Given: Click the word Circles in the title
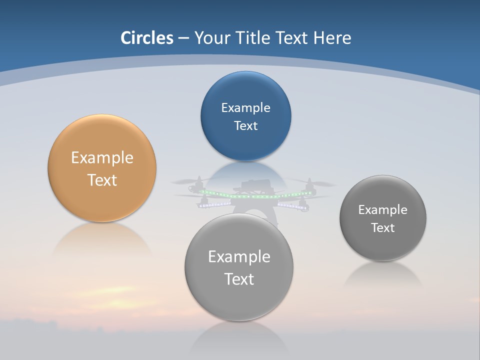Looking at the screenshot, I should point(147,38).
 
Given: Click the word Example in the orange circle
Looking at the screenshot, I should point(102,158).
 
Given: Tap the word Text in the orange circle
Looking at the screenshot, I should point(102,180).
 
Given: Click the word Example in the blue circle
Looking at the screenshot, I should point(245,108).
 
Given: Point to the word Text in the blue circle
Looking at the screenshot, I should point(245,126).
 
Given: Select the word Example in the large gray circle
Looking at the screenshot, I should point(239,257).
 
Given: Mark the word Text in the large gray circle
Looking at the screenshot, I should point(239,279).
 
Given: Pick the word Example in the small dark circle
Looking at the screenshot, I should point(382,210).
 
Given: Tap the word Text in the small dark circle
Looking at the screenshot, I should point(382,228).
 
